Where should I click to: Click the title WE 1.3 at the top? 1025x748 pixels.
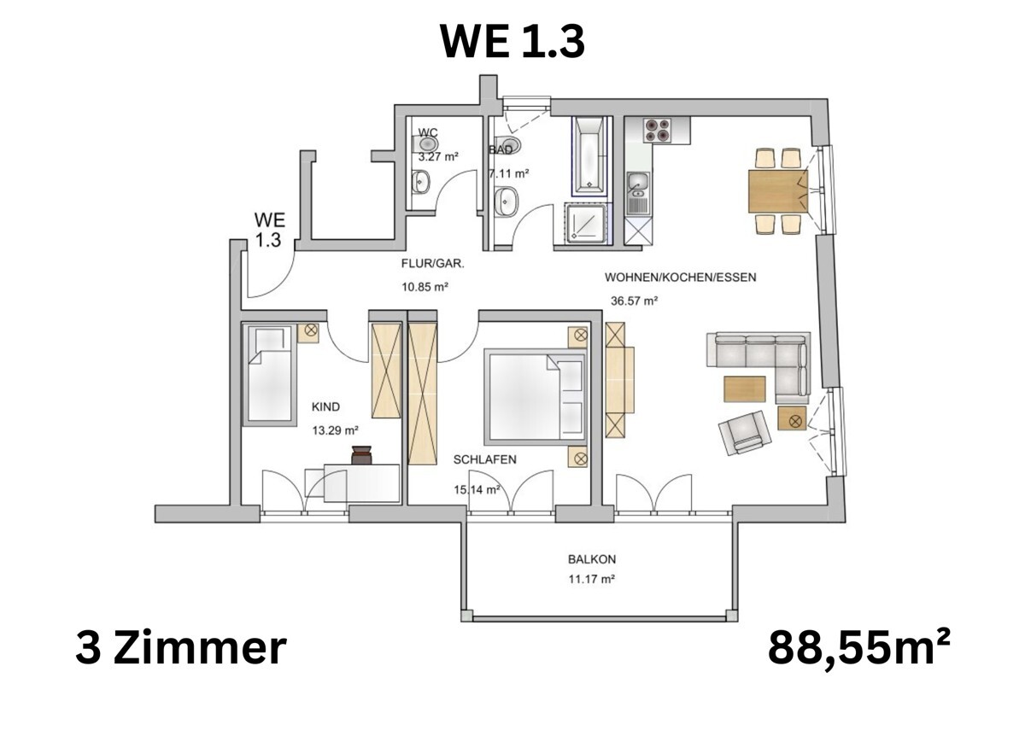(x=512, y=40)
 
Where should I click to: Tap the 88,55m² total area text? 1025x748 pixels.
(x=858, y=648)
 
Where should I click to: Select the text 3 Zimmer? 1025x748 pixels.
(x=180, y=648)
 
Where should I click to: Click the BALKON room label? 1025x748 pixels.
(x=591, y=560)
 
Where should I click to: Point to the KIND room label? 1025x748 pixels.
(x=325, y=408)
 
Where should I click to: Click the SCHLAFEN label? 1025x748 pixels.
(x=484, y=459)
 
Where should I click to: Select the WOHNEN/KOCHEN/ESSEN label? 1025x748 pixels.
(x=680, y=278)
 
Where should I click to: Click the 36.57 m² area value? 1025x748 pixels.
(x=634, y=301)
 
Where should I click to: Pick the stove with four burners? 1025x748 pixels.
(x=657, y=131)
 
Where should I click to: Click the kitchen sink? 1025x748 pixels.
(x=637, y=190)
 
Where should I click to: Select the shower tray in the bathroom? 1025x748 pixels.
(x=588, y=224)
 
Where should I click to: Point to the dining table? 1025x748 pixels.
(x=776, y=190)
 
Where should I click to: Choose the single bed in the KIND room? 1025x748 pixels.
(x=271, y=376)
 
